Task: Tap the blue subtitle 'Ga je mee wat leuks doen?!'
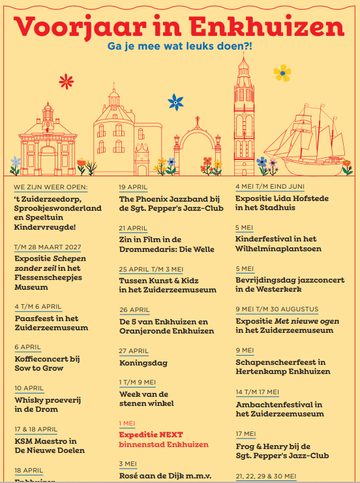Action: [180, 47]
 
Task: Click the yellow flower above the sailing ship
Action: [282, 72]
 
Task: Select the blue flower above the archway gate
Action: [175, 102]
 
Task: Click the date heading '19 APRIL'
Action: [133, 187]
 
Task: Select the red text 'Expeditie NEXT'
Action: [151, 434]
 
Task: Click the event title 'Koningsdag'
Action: [143, 363]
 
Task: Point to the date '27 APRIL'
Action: [134, 351]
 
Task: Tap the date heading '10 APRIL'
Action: [28, 388]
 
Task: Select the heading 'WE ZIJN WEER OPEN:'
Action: [50, 187]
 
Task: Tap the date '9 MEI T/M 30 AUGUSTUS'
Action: [277, 309]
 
